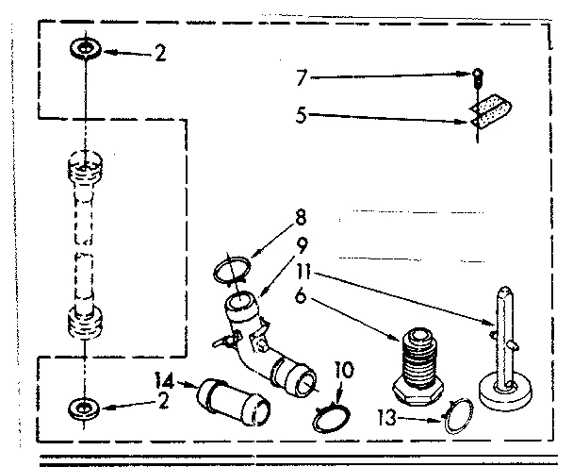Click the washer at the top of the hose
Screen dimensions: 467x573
pyautogui.click(x=85, y=49)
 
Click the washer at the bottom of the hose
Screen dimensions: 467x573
pyautogui.click(x=85, y=408)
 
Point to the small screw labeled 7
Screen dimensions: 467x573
pyautogui.click(x=479, y=76)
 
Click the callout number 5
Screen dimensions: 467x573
pyautogui.click(x=302, y=117)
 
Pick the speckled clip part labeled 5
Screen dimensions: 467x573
pyautogui.click(x=486, y=111)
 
